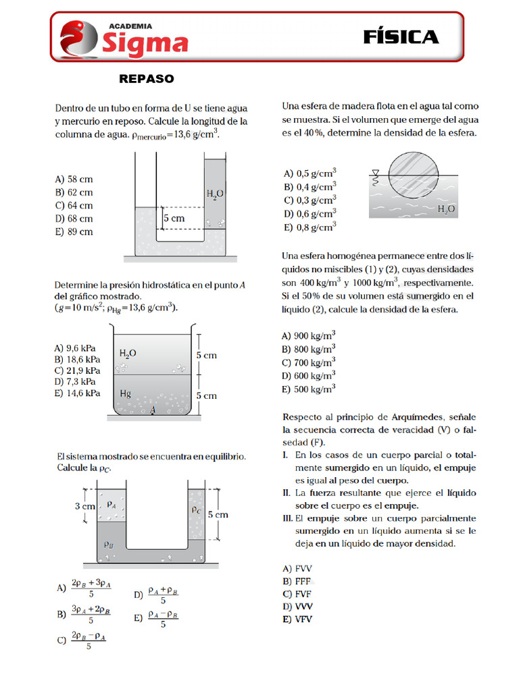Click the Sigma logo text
click(145, 43)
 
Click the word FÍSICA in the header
click(400, 37)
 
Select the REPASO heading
click(146, 79)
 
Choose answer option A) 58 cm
click(74, 179)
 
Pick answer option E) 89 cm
click(74, 232)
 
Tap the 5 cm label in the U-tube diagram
click(174, 219)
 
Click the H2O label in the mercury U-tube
click(215, 194)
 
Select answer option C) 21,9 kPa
click(77, 370)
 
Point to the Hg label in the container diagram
click(126, 393)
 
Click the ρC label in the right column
click(195, 510)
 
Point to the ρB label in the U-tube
click(108, 544)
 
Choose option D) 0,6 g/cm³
click(310, 214)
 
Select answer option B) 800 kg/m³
click(308, 349)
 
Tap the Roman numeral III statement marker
click(287, 518)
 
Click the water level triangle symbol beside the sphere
click(375, 173)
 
